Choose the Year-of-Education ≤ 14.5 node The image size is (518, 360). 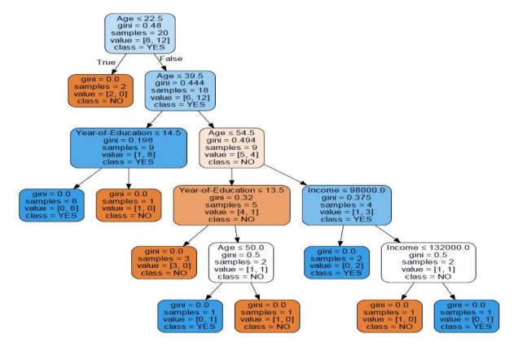127,147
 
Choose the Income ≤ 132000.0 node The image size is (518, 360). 428,261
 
